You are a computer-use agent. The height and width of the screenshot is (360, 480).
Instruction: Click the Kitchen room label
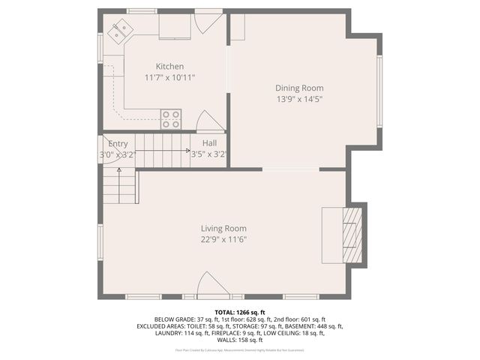169,67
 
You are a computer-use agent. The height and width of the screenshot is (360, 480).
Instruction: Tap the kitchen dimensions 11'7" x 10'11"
169,77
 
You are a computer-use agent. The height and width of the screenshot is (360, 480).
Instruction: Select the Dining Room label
299,88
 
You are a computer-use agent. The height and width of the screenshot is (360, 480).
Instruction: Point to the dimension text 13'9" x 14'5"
299,98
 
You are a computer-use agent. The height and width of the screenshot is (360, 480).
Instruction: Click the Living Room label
223,229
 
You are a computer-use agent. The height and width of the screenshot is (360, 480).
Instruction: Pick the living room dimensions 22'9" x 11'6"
223,240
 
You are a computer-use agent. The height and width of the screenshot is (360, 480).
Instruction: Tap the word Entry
118,144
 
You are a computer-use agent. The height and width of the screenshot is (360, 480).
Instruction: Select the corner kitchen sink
120,31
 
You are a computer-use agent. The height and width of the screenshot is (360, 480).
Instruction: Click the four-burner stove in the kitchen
171,119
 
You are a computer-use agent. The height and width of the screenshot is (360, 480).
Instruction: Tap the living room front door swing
212,286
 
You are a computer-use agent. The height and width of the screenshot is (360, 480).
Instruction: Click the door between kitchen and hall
209,121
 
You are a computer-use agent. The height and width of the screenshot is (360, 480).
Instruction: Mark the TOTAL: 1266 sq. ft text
239,312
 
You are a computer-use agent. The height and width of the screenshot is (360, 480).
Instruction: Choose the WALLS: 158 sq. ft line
239,340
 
